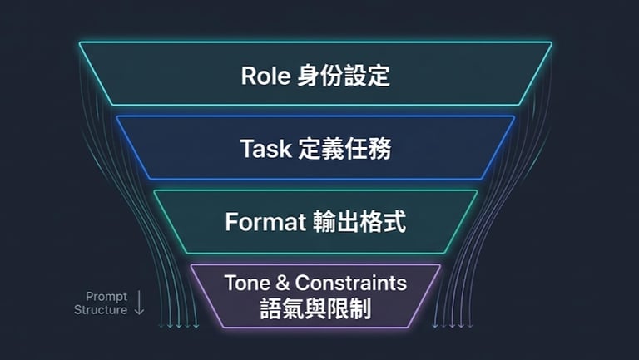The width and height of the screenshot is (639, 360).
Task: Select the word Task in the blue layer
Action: point(264,149)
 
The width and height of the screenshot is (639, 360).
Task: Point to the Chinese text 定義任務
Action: point(343,149)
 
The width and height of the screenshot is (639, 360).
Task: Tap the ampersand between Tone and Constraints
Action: point(282,283)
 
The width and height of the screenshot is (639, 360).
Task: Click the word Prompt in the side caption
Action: point(106,296)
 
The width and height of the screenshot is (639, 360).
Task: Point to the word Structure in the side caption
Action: point(101,310)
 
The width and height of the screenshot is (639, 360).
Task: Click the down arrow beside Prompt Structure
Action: point(139,303)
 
